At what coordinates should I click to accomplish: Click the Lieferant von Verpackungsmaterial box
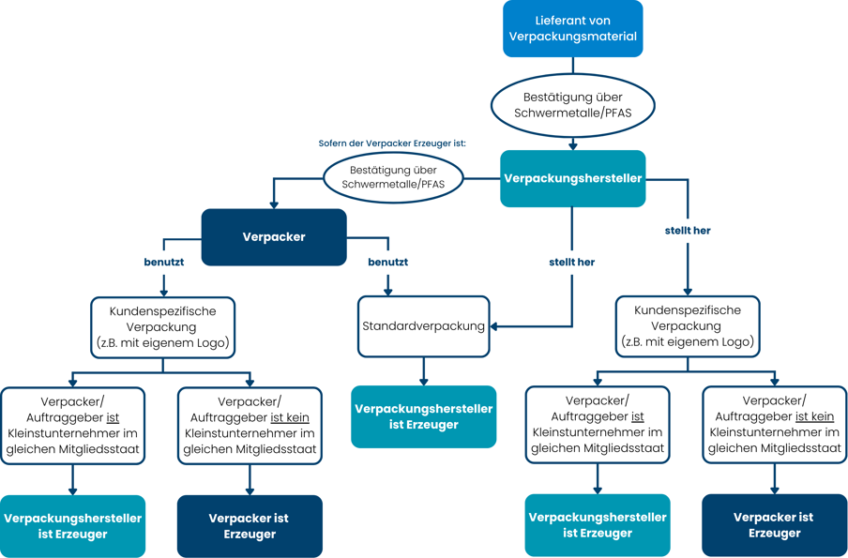[573, 29]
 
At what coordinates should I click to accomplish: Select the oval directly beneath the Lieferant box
[573, 105]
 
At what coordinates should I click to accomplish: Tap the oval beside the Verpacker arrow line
[393, 177]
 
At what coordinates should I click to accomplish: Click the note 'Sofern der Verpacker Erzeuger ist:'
[391, 143]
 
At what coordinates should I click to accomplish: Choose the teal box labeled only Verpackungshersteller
[573, 178]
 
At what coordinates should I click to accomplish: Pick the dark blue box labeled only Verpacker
[274, 237]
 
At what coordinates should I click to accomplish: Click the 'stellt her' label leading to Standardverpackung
[571, 263]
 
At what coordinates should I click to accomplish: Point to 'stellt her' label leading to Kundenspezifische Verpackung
[688, 231]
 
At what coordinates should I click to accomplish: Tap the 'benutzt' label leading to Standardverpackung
[387, 263]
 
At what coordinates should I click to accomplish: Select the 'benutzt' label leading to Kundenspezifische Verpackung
[163, 263]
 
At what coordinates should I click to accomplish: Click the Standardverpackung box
[423, 326]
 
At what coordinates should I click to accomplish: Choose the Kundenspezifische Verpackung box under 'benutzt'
[163, 327]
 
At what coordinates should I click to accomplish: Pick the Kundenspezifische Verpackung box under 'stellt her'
[688, 326]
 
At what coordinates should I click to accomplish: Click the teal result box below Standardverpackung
[423, 416]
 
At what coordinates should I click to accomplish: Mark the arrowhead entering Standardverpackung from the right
[493, 326]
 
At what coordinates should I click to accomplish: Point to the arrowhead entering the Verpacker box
[274, 205]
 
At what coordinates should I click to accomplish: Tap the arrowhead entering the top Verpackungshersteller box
[573, 146]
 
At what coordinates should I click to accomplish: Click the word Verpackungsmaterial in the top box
[573, 37]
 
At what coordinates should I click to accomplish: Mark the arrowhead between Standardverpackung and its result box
[423, 382]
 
